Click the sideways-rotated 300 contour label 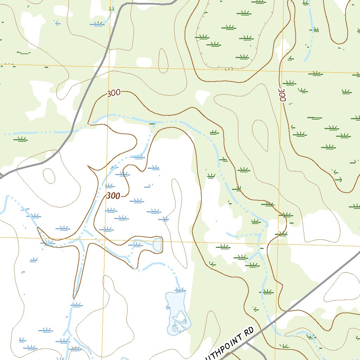[x=282, y=95]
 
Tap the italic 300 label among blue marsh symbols [x=113, y=196]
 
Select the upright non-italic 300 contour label [x=114, y=93]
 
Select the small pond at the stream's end [x=157, y=244]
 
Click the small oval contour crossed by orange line [x=163, y=60]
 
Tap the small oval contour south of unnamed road [x=49, y=176]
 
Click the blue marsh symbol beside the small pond [x=137, y=244]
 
